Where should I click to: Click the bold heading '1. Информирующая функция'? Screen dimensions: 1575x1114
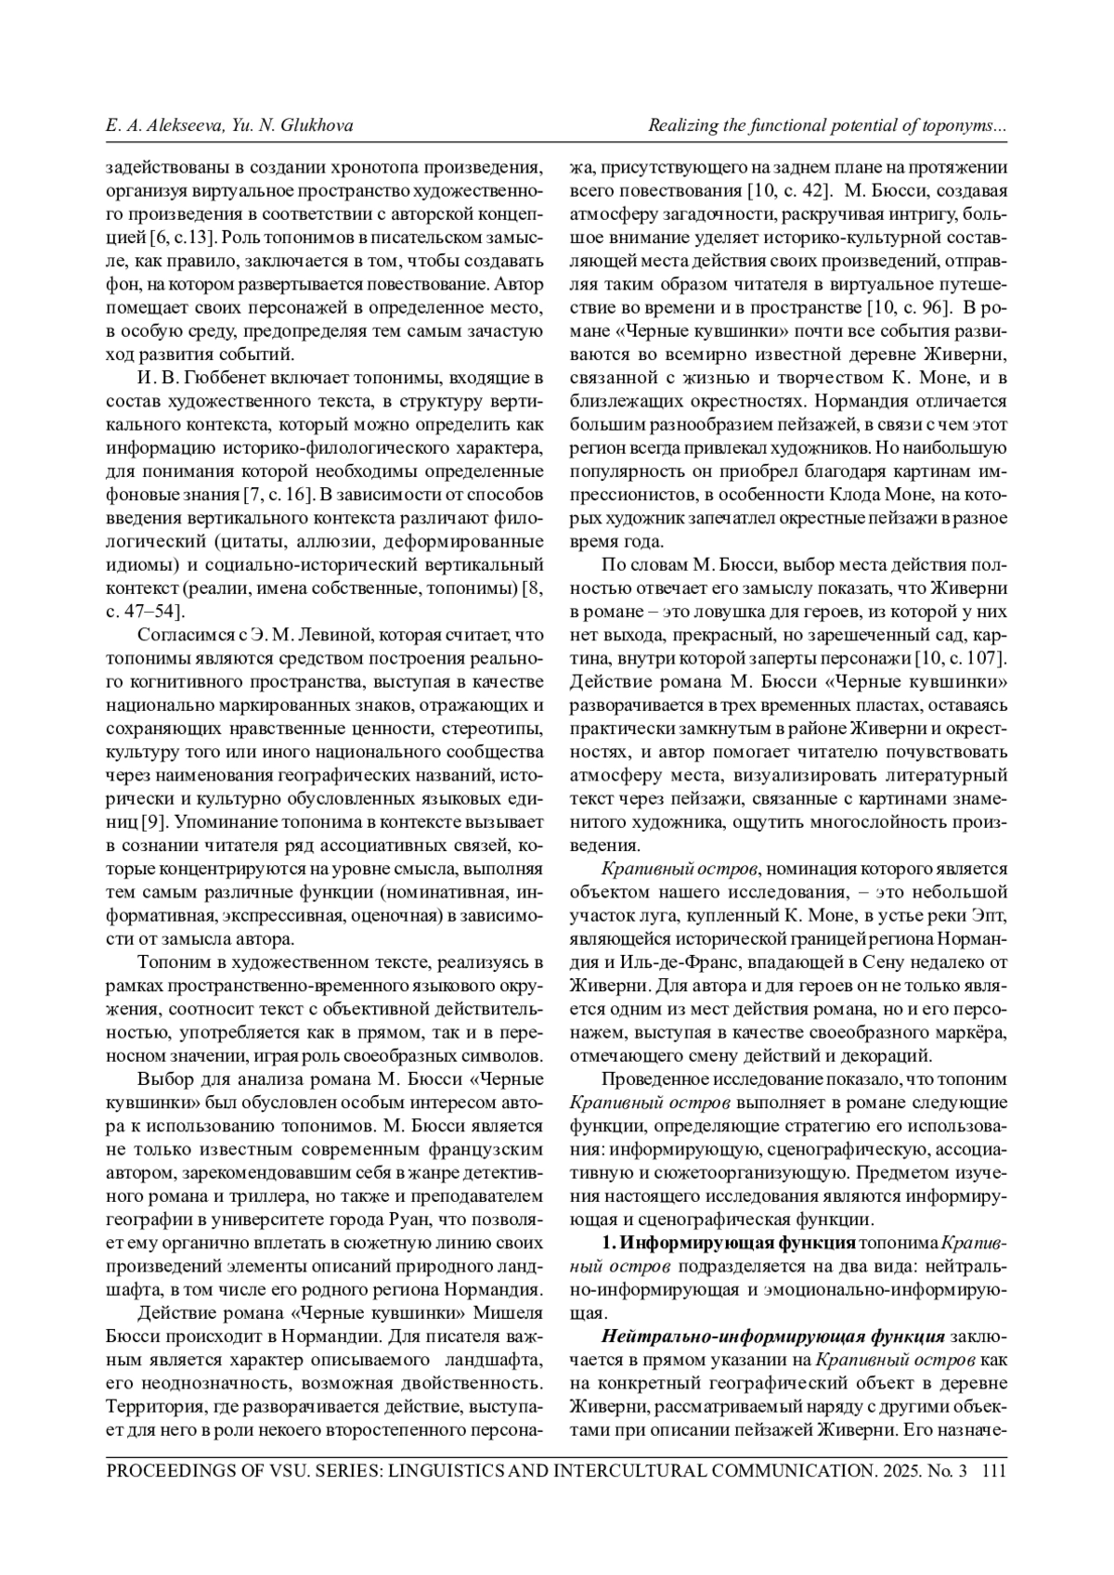tap(729, 1242)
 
